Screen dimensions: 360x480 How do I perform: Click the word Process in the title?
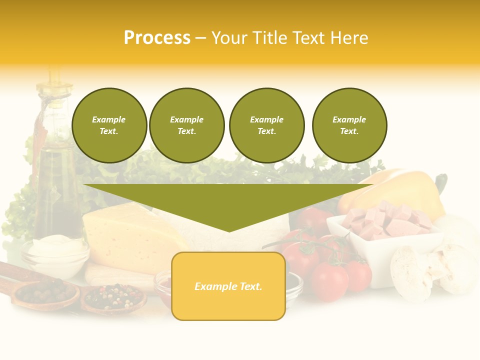coord(157,38)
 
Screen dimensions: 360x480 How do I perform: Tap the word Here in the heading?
coord(348,38)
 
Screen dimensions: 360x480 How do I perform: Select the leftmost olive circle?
coord(109,125)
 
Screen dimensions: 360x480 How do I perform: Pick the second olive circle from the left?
coord(187,125)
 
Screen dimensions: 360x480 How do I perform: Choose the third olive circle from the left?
coord(267,125)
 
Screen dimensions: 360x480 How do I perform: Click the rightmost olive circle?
coord(349,125)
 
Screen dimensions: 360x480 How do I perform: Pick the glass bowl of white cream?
coord(55,255)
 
